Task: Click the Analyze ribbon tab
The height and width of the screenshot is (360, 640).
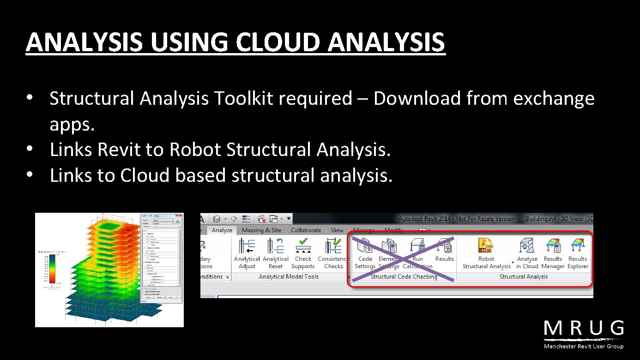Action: point(222,230)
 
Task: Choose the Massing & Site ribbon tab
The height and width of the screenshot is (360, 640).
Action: point(261,230)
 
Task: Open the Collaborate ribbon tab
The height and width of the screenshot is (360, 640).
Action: point(306,230)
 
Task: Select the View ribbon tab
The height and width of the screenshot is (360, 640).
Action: point(337,230)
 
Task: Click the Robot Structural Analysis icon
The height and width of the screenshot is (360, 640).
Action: point(486,246)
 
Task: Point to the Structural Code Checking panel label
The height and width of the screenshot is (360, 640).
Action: point(404,277)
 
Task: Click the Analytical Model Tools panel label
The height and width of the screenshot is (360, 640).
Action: point(289,277)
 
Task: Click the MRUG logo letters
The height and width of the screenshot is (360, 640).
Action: point(584,329)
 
